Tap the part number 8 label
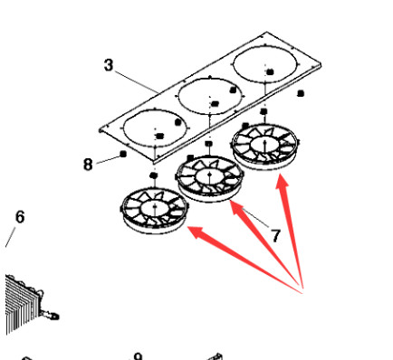coord(89,164)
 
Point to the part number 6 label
coord(20,217)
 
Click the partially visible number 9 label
coord(138,355)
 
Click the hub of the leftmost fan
coord(155,209)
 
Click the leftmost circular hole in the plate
coord(154,128)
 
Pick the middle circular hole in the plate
coord(210,99)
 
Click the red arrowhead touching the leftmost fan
coord(193,232)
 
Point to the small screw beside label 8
coord(121,156)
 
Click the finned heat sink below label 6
coord(24,298)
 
